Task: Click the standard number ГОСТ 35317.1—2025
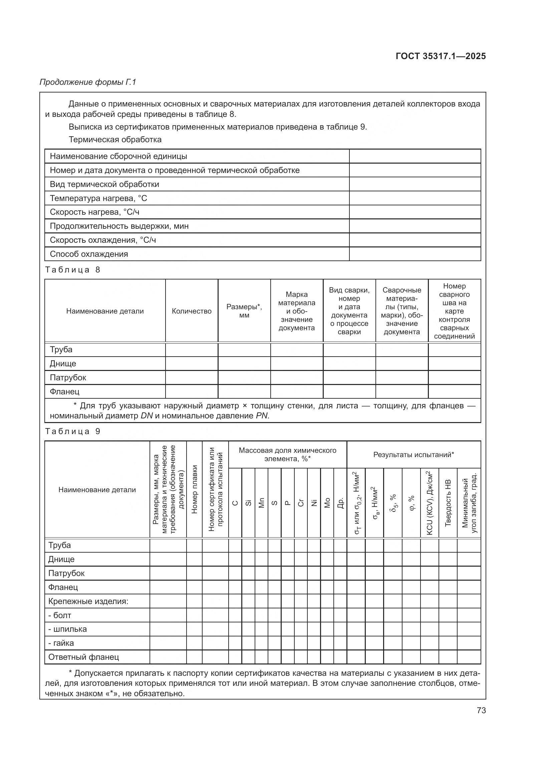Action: coord(441,56)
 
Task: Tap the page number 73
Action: coord(481,710)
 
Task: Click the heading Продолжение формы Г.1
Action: coord(88,82)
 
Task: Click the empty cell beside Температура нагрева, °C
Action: coord(415,198)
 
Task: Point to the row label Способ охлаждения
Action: coord(89,254)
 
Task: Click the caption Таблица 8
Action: coord(73,270)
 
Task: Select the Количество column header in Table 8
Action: coord(191,311)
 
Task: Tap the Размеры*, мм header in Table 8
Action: coord(244,311)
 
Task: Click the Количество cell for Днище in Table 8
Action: coord(191,364)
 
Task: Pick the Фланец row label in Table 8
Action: coord(65,392)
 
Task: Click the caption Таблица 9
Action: coord(73,431)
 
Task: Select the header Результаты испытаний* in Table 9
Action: coord(413,455)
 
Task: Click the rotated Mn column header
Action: coord(261,503)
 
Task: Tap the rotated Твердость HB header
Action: coord(448,503)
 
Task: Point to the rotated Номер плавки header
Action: coord(194,490)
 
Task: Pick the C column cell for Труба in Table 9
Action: coord(235,546)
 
